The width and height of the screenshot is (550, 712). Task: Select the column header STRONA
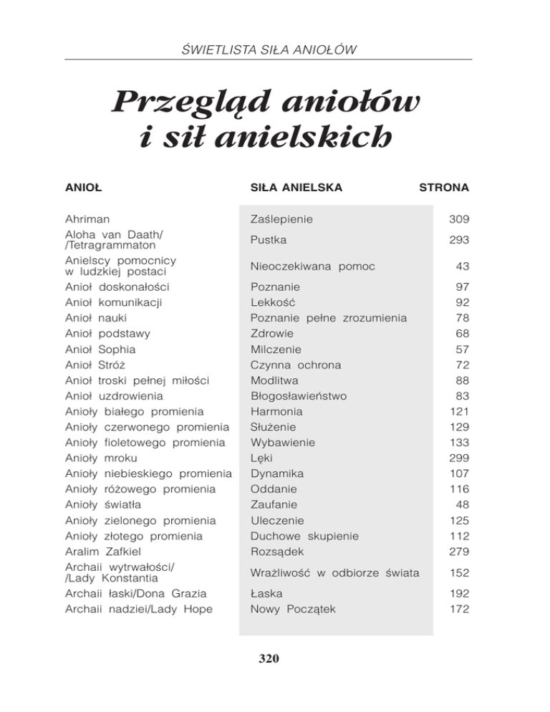coord(443,188)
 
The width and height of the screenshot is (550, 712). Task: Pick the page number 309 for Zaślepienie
coord(458,218)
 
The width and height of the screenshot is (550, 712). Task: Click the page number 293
coord(458,240)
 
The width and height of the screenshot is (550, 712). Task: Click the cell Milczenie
coord(276,350)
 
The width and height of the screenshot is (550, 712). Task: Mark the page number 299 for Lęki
coord(458,458)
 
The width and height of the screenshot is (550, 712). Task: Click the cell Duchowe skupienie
coord(304,536)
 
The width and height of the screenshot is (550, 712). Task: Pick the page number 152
coord(458,572)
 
